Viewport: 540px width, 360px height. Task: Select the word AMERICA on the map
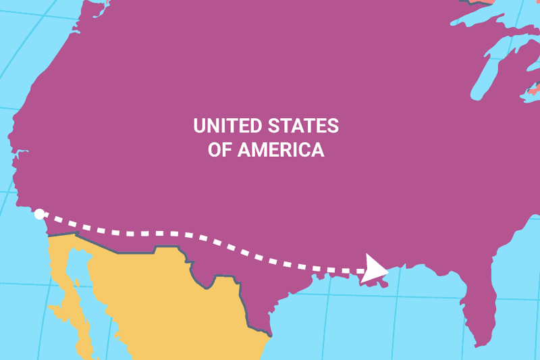[280, 150]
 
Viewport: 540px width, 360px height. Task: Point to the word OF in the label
[219, 150]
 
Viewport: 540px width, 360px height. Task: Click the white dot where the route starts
[40, 214]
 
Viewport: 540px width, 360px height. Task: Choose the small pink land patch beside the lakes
[533, 88]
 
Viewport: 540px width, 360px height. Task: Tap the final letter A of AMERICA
[317, 150]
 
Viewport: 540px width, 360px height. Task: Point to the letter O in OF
[213, 150]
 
